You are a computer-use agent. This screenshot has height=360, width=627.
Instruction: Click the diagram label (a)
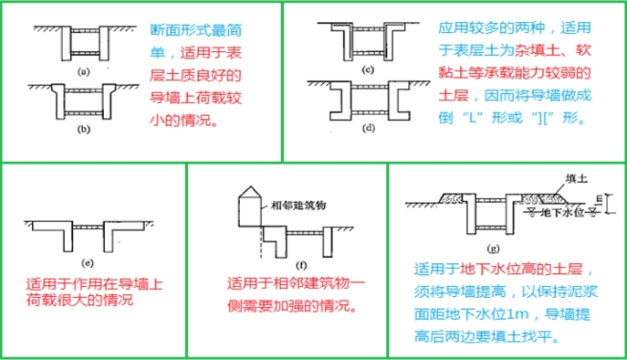click(x=83, y=69)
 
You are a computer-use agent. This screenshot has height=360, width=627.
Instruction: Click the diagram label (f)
click(x=276, y=261)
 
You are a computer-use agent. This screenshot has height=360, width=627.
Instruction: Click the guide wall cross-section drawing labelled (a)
click(x=81, y=42)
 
